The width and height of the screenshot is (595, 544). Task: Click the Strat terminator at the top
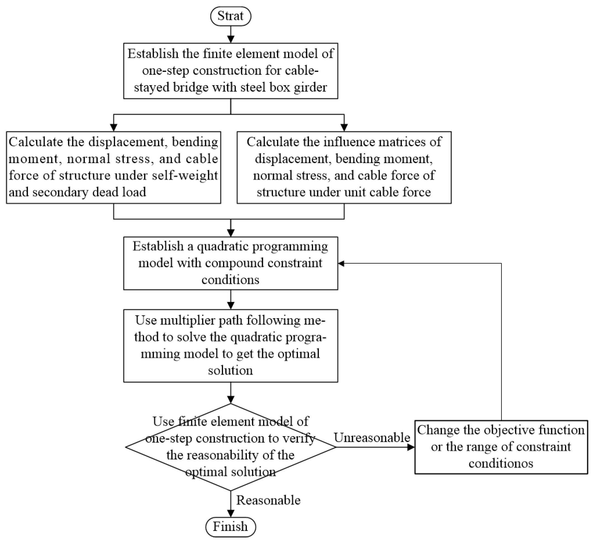coord(230,16)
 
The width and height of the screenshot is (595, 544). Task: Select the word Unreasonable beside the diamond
coord(372,438)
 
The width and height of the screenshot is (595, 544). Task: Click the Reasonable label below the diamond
coord(268,500)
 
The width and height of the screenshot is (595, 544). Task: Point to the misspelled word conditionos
coord(501,463)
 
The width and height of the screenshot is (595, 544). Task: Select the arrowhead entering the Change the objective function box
coord(411,447)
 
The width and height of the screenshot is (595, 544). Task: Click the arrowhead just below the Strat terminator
coord(230,39)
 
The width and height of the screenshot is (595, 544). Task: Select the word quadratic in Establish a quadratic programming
coord(218,246)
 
